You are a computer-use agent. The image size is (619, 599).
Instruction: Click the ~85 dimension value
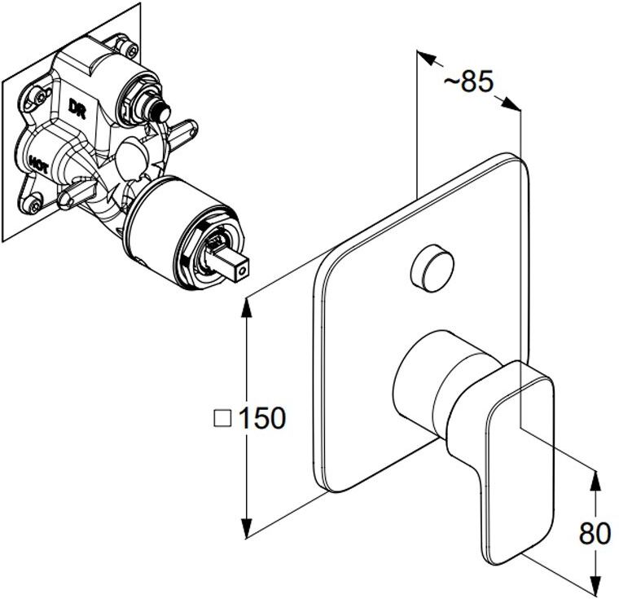click(468, 81)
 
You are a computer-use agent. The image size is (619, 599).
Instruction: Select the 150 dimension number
click(261, 418)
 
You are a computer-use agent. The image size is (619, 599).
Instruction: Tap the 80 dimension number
click(595, 534)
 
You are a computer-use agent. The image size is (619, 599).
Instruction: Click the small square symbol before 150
click(222, 418)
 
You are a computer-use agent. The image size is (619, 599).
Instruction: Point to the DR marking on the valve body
click(77, 108)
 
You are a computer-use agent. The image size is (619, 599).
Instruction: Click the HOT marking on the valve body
click(39, 165)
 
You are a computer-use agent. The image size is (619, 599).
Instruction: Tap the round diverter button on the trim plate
click(432, 268)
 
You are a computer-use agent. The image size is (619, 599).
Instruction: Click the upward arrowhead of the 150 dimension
click(247, 306)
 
